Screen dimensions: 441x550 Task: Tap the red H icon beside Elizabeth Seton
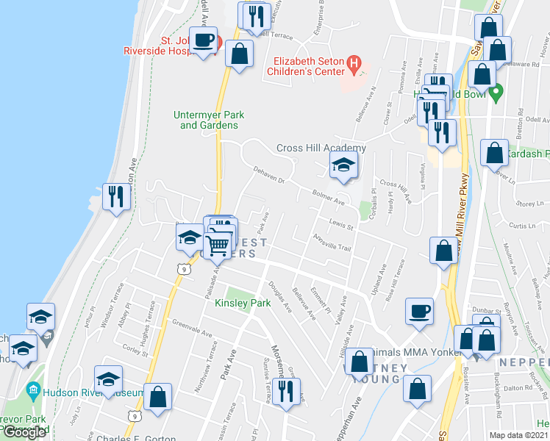click(354, 65)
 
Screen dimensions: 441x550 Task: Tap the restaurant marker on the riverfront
click(115, 196)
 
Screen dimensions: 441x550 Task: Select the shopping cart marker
click(218, 244)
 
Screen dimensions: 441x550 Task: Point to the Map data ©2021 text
click(518, 435)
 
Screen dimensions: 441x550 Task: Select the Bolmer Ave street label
click(329, 198)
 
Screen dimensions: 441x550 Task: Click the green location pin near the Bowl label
click(496, 93)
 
